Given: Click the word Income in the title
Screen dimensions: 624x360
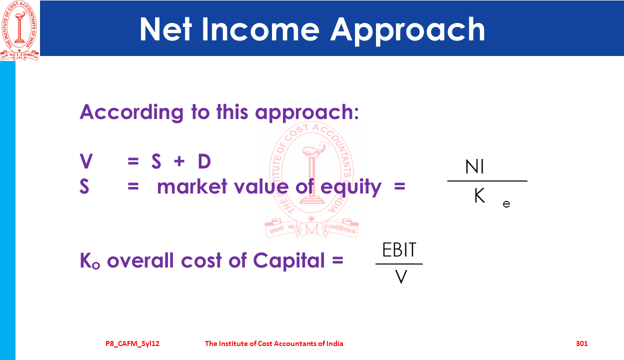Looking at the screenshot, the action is coord(260,29).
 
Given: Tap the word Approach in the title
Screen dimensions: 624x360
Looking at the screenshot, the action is coord(407,30).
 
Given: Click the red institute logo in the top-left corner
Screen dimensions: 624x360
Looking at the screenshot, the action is coord(19,30).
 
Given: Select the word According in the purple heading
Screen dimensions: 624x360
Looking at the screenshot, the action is coord(131,112).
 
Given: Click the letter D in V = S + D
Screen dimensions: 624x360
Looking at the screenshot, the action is coord(204,161).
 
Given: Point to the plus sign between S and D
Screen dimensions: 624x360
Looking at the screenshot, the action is coord(179,161).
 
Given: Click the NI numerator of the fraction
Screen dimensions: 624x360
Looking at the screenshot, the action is coord(474,166).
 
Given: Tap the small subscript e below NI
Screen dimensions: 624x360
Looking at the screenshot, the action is coord(506,204).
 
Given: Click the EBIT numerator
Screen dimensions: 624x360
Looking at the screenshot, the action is coord(399,249).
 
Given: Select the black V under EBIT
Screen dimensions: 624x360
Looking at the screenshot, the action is coord(401,276).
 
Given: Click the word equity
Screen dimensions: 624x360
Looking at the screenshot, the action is coord(351,187).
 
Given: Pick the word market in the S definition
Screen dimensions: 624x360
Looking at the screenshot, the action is coord(192,186).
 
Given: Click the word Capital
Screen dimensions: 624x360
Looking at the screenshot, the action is coord(289,261).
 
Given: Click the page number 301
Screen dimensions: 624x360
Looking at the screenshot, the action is coord(581,343).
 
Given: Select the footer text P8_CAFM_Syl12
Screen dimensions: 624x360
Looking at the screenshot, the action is coord(132,344).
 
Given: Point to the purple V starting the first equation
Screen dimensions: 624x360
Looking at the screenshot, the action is coord(86,161).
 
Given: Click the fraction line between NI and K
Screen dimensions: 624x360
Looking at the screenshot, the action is coord(487,181).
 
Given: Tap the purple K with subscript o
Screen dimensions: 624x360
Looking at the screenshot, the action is coord(89,260).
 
